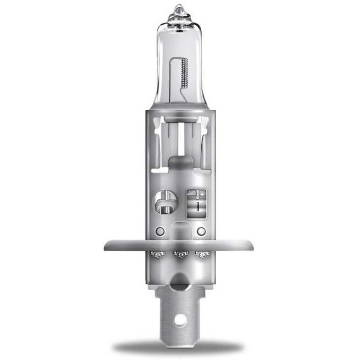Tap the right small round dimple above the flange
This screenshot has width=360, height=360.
(201, 231)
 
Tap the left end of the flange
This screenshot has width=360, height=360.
(107, 246)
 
